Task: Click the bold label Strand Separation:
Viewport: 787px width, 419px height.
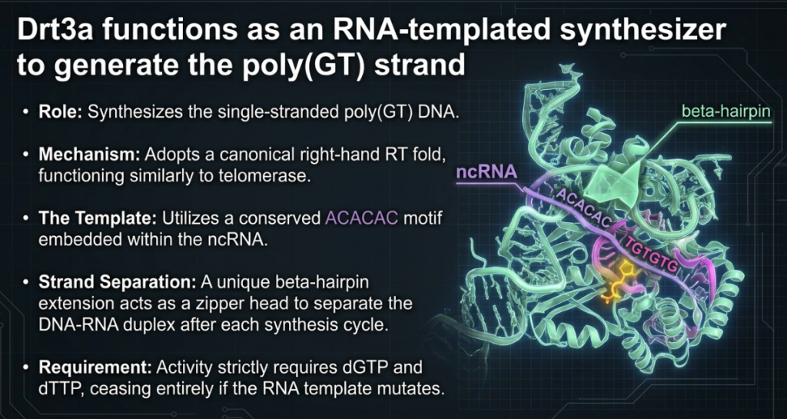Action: [118, 282]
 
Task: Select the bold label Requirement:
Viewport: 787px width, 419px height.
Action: [95, 367]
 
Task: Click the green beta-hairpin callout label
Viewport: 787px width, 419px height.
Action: [726, 111]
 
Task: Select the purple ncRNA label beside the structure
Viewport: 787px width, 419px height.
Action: [486, 172]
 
